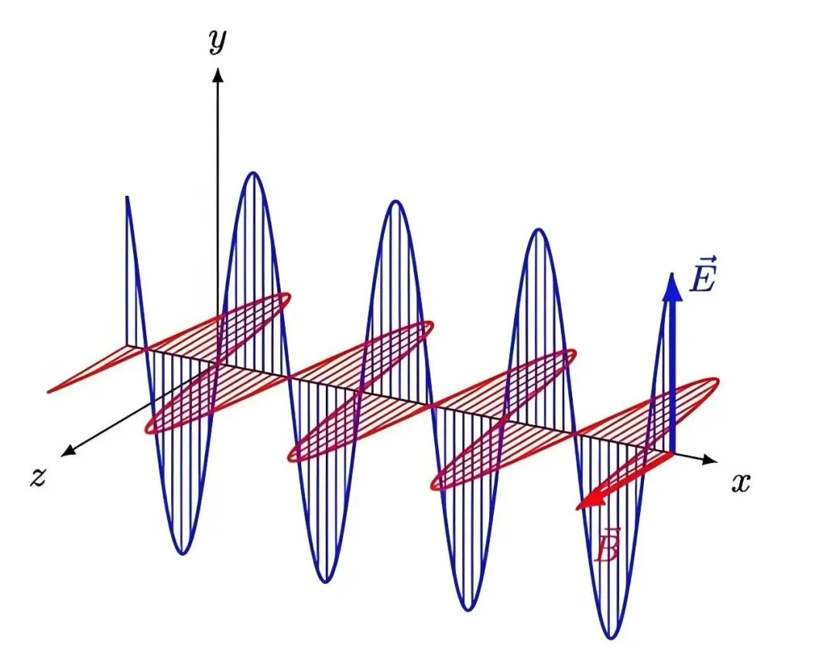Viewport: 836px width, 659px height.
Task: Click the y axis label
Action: tap(218, 41)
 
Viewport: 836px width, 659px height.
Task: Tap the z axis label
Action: tap(38, 478)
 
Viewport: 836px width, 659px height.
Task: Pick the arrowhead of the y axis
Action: tap(218, 74)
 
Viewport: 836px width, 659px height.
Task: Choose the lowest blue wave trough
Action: tap(612, 637)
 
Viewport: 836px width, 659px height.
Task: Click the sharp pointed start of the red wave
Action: tap(49, 391)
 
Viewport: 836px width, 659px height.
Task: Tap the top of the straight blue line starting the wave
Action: tap(126, 198)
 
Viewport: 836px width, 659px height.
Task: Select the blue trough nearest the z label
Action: tap(182, 553)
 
